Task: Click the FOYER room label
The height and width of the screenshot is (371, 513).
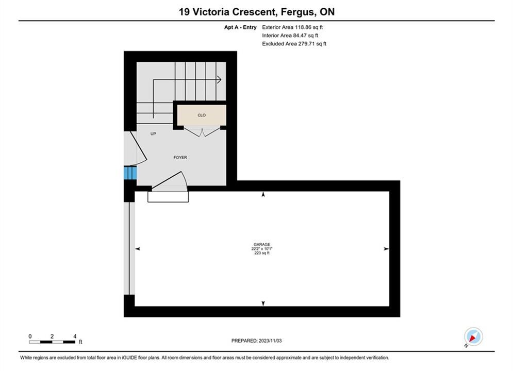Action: pyautogui.click(x=180, y=158)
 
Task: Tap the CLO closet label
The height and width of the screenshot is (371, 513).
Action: pyautogui.click(x=202, y=115)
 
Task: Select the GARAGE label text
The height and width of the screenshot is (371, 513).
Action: pyautogui.click(x=262, y=245)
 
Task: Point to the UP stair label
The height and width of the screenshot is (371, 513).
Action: pyautogui.click(x=153, y=133)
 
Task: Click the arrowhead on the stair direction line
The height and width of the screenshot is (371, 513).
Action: pyautogui.click(x=219, y=79)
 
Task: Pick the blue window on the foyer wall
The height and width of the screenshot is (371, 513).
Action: pyautogui.click(x=130, y=173)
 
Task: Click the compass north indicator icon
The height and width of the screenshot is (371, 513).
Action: pyautogui.click(x=473, y=336)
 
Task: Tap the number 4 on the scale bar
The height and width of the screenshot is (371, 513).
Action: pyautogui.click(x=75, y=336)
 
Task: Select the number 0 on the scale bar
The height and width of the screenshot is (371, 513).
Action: pyautogui.click(x=30, y=336)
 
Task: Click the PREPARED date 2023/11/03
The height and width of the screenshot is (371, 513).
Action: pyautogui.click(x=270, y=341)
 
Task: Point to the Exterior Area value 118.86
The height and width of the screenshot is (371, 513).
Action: pyautogui.click(x=303, y=27)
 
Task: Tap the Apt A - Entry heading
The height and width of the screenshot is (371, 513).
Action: pyautogui.click(x=240, y=27)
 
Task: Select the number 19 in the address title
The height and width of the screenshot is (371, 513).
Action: pyautogui.click(x=184, y=12)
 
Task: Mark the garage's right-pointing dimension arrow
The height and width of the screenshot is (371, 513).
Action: pyautogui.click(x=386, y=249)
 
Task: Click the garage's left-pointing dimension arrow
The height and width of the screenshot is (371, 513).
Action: pyautogui.click(x=138, y=249)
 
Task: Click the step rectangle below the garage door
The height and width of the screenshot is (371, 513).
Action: pyautogui.click(x=168, y=197)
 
